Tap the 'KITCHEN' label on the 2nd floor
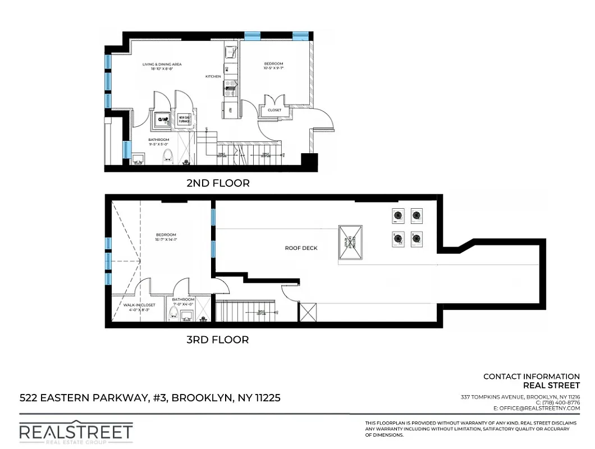click(213, 76)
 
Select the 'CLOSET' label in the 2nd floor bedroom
click(274, 111)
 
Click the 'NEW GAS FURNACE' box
click(184, 120)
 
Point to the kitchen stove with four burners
click(230, 86)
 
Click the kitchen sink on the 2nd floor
click(230, 53)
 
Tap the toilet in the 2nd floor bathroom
click(167, 157)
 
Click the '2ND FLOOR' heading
click(218, 183)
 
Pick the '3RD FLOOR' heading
click(217, 340)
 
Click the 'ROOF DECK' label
click(301, 248)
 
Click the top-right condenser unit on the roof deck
click(416, 215)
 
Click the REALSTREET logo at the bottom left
click(76, 432)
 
